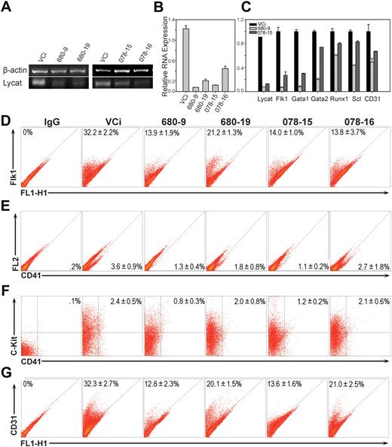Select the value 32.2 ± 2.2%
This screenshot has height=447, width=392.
(x=102, y=132)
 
